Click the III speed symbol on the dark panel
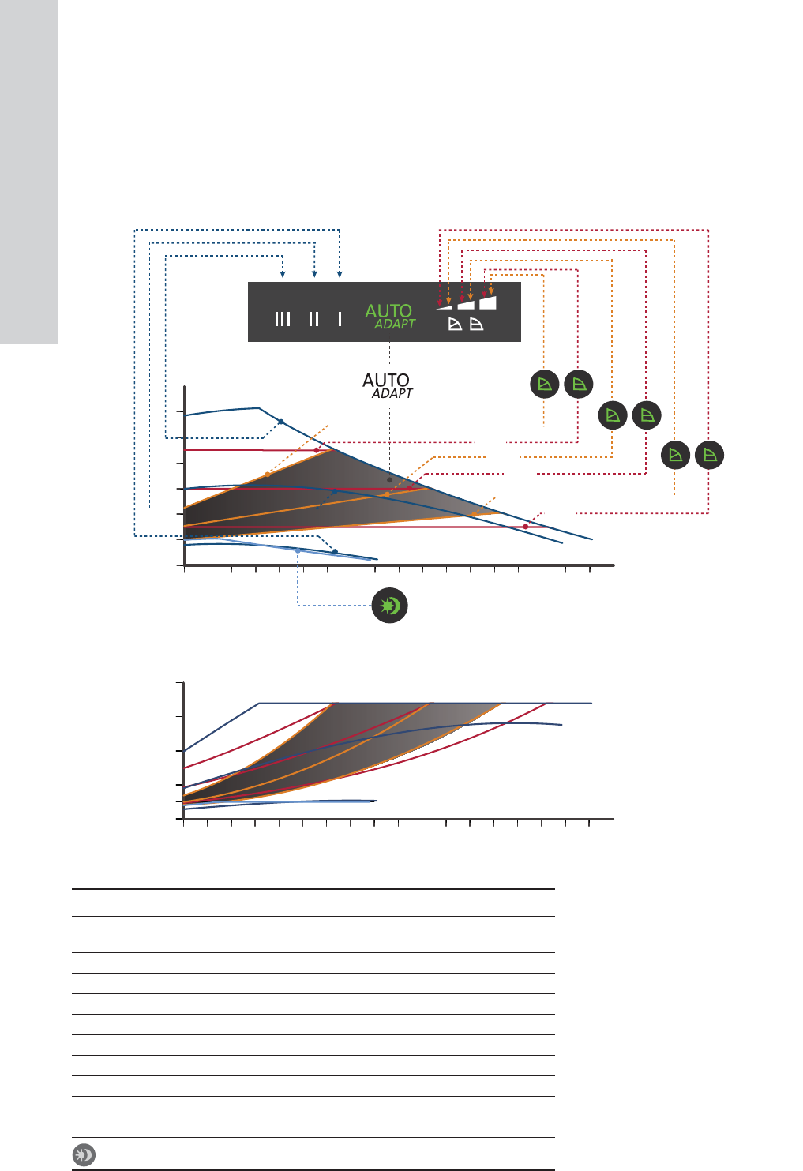click(x=283, y=319)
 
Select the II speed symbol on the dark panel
click(x=313, y=319)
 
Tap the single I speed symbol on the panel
click(x=340, y=319)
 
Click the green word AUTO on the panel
click(x=388, y=311)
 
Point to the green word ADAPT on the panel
click(x=395, y=324)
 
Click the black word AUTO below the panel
click(x=386, y=380)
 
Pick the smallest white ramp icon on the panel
click(x=445, y=306)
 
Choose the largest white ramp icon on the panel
click(x=488, y=302)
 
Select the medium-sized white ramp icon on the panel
click(x=466, y=305)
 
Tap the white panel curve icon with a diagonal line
click(x=455, y=324)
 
